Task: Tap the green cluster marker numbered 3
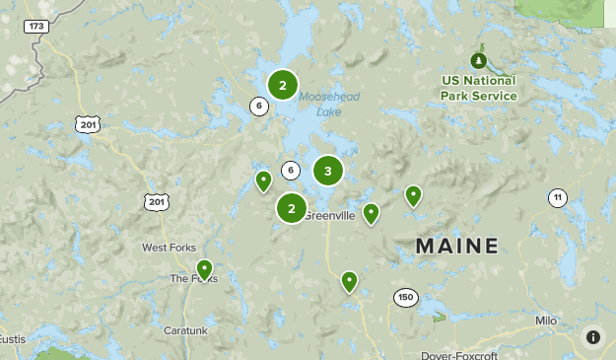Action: point(328,172)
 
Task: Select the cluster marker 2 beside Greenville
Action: point(292,208)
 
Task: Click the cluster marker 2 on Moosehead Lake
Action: point(283,86)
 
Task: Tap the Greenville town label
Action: point(330,216)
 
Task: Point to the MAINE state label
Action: point(456,246)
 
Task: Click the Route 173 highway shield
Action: point(36,26)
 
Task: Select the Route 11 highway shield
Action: point(558,198)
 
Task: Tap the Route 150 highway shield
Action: point(405,297)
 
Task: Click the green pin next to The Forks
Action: point(204,268)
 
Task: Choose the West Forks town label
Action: point(169,248)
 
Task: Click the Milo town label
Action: point(546,322)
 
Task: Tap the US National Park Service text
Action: point(480,88)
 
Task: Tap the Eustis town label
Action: point(12,339)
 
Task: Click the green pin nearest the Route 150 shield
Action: point(349,281)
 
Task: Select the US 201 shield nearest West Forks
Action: point(155,201)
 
